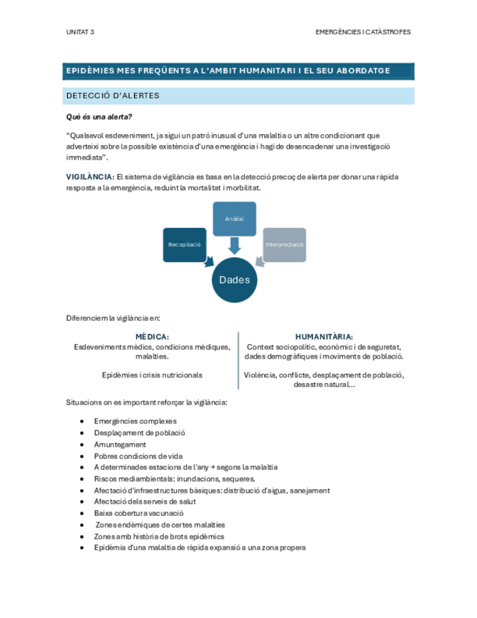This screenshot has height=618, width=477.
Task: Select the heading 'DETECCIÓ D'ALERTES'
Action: (x=112, y=96)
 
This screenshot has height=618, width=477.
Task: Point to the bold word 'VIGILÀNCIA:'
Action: (x=90, y=177)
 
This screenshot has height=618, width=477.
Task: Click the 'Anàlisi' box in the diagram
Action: (x=234, y=219)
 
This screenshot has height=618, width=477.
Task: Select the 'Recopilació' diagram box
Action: (x=184, y=243)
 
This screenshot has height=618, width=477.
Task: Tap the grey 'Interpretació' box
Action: (x=284, y=243)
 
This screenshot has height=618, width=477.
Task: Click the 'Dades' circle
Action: (x=234, y=280)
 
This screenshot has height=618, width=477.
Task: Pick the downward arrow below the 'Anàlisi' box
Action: (x=234, y=246)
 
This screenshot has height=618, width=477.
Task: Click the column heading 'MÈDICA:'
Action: (x=152, y=337)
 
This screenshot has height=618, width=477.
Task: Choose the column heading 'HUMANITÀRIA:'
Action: (x=324, y=337)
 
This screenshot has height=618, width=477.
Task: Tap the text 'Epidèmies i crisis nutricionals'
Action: (x=152, y=375)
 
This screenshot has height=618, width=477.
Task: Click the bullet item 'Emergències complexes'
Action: (x=135, y=421)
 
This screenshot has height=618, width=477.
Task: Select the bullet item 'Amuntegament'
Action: (x=119, y=445)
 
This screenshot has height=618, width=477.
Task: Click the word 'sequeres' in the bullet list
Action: (x=239, y=479)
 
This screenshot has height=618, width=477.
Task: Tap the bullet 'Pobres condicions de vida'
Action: (x=136, y=455)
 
